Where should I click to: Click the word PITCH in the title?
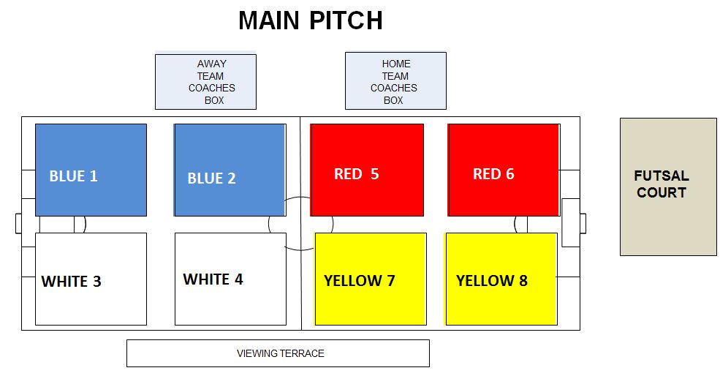click(346, 20)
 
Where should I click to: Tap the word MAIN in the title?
click(268, 20)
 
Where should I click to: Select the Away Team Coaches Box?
click(205, 82)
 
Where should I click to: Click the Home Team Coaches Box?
click(395, 81)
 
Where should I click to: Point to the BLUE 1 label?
click(74, 176)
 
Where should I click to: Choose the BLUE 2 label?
click(212, 178)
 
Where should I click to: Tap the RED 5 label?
click(356, 174)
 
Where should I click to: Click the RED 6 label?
click(493, 174)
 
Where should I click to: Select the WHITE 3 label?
click(71, 282)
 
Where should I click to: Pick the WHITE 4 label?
click(213, 279)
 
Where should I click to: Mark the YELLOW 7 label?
click(360, 280)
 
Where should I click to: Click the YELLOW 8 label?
click(492, 280)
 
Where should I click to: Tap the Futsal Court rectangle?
click(668, 187)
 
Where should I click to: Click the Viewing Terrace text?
click(281, 353)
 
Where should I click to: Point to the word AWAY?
click(212, 64)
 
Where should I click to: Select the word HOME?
click(396, 64)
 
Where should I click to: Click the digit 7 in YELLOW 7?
click(391, 280)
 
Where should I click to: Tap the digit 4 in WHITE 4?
click(239, 279)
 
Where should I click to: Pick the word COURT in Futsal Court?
click(662, 192)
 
